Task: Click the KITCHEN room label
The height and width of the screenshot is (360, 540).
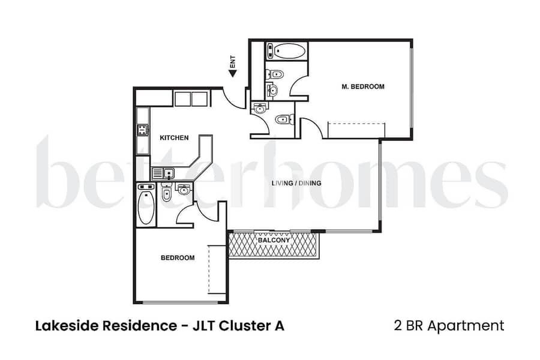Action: [174, 138]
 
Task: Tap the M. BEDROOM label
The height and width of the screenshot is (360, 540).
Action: [363, 87]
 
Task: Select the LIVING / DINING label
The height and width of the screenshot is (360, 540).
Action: [296, 183]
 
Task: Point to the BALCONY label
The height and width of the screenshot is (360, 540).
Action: [274, 240]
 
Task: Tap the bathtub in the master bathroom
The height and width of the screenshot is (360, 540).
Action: [286, 51]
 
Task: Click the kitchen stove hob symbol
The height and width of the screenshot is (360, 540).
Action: [143, 130]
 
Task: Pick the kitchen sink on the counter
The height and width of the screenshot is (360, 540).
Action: [163, 173]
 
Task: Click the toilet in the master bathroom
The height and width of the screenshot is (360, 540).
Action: [274, 74]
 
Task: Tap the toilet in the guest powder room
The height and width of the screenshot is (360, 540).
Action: [284, 119]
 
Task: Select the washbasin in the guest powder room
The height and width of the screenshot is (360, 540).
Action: [259, 108]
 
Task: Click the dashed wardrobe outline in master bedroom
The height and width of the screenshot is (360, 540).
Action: [356, 130]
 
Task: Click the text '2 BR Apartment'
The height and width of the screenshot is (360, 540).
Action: [449, 326]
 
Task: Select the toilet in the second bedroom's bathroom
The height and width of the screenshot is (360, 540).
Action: [166, 194]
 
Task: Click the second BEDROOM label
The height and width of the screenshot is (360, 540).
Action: [178, 257]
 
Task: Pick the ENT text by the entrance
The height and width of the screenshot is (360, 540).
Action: [233, 62]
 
